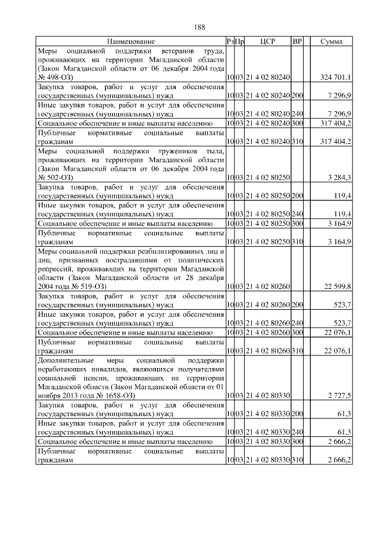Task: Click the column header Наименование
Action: (x=131, y=42)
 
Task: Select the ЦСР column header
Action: (x=266, y=42)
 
